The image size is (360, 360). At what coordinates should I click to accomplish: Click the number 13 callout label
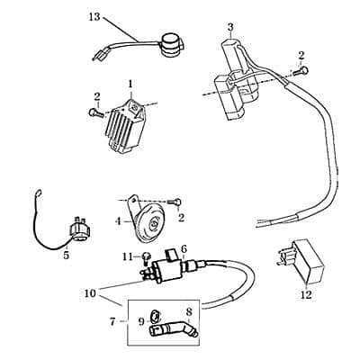(x=95, y=17)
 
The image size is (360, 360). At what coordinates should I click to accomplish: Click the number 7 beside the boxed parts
(x=112, y=321)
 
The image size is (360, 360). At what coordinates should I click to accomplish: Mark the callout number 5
(x=66, y=255)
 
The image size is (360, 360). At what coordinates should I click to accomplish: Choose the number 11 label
(x=127, y=257)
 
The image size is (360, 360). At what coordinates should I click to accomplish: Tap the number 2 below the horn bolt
(x=183, y=217)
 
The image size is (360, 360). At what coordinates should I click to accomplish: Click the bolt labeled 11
(x=144, y=258)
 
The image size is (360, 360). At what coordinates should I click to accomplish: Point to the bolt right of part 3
(x=305, y=70)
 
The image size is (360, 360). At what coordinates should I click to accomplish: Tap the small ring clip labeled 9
(x=152, y=316)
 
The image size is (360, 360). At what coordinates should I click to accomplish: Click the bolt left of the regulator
(x=94, y=113)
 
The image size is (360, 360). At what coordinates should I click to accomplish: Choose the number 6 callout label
(x=184, y=248)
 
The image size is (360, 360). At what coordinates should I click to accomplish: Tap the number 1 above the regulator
(x=130, y=83)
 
